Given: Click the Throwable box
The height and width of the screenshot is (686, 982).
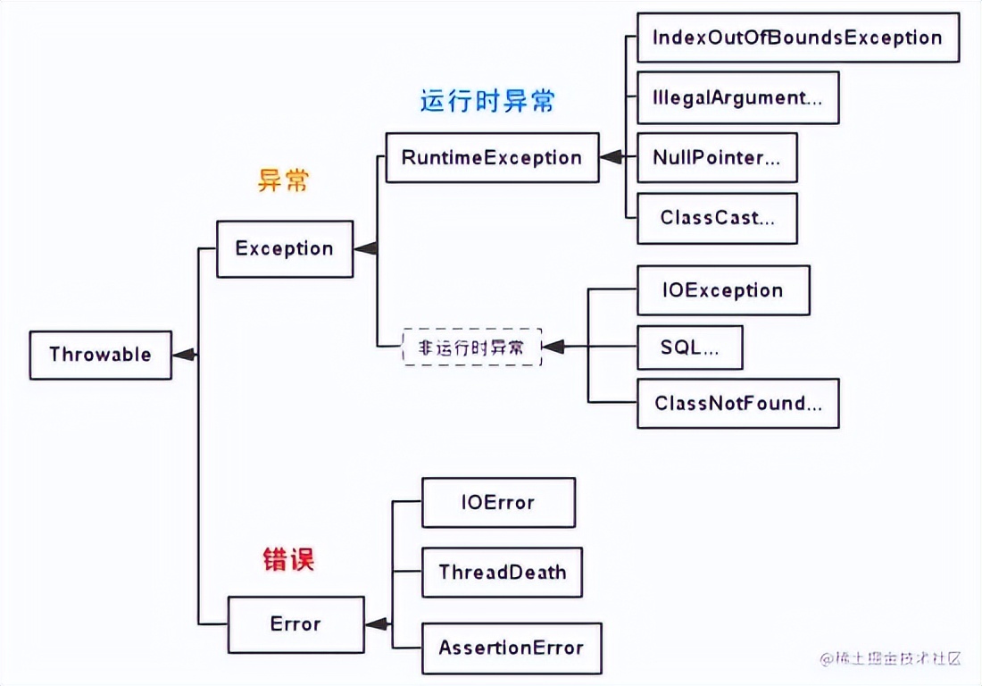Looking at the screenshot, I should click(x=100, y=355).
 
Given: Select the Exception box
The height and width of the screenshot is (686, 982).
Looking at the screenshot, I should click(x=285, y=248).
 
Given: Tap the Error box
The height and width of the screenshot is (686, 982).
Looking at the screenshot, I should click(x=295, y=623).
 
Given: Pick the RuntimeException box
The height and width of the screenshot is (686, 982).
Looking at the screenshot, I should click(x=492, y=158).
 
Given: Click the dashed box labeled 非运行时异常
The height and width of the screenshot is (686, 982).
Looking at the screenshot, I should click(x=471, y=347).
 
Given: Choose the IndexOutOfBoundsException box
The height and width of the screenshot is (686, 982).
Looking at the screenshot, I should click(x=797, y=38).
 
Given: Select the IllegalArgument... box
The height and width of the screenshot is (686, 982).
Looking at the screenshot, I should click(x=737, y=97).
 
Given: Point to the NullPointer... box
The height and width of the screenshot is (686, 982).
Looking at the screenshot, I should click(x=717, y=158).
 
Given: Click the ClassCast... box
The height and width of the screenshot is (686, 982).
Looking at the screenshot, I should click(x=717, y=218).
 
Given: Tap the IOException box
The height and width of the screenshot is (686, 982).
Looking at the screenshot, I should click(x=723, y=290).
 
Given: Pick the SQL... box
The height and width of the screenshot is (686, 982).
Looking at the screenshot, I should click(x=689, y=347).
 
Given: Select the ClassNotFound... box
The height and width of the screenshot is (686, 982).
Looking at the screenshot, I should click(x=737, y=404).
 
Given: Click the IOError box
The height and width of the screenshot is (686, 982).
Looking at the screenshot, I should click(x=498, y=502).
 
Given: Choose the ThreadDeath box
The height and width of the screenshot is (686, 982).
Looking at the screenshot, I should click(x=502, y=572).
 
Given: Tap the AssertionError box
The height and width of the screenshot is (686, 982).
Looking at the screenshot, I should click(x=511, y=648).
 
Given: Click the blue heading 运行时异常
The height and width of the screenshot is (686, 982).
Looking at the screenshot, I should click(x=487, y=101).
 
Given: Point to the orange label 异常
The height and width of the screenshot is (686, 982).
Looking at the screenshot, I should click(x=283, y=181).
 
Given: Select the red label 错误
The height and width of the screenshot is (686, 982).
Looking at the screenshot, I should click(x=288, y=560).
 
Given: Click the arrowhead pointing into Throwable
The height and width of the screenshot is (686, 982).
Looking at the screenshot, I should click(x=183, y=355).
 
